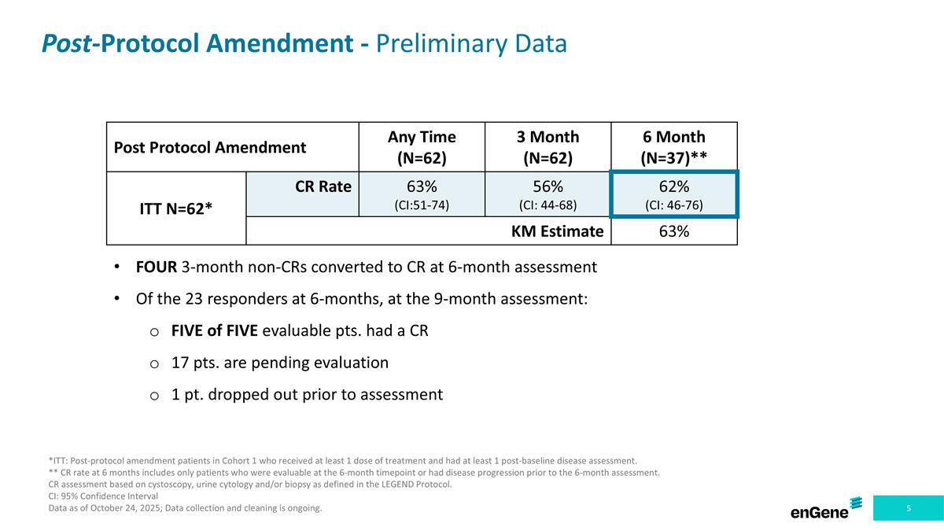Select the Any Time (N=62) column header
click(x=422, y=147)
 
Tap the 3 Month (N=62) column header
click(x=548, y=147)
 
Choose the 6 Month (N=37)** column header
click(x=673, y=147)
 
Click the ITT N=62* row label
click(x=177, y=208)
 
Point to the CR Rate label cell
click(x=323, y=186)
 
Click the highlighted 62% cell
click(x=673, y=194)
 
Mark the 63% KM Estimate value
click(x=673, y=231)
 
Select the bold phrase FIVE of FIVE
click(x=213, y=330)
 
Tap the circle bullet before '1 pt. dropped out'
click(x=155, y=395)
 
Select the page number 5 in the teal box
click(x=909, y=508)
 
